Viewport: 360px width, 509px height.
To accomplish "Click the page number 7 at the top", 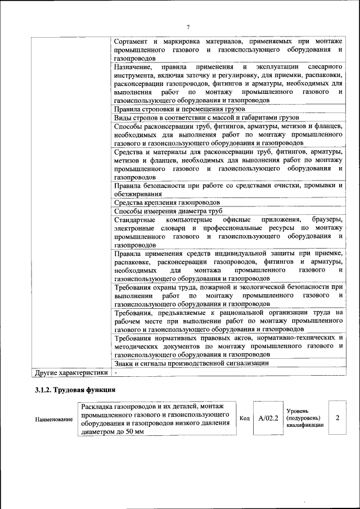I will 188,27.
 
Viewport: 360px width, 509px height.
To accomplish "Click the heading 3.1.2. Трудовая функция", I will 75,389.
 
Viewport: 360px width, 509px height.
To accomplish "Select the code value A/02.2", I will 268,418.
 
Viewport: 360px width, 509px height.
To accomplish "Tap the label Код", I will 245,418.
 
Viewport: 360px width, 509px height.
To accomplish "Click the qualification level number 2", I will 337,418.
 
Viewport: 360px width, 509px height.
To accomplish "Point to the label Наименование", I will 53,420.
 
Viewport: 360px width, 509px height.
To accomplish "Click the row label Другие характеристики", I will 71,372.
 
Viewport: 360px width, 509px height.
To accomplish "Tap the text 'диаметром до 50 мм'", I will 112,431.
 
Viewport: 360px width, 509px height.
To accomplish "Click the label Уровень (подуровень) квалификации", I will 304,418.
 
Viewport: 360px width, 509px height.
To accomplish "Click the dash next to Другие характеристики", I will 116,372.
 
